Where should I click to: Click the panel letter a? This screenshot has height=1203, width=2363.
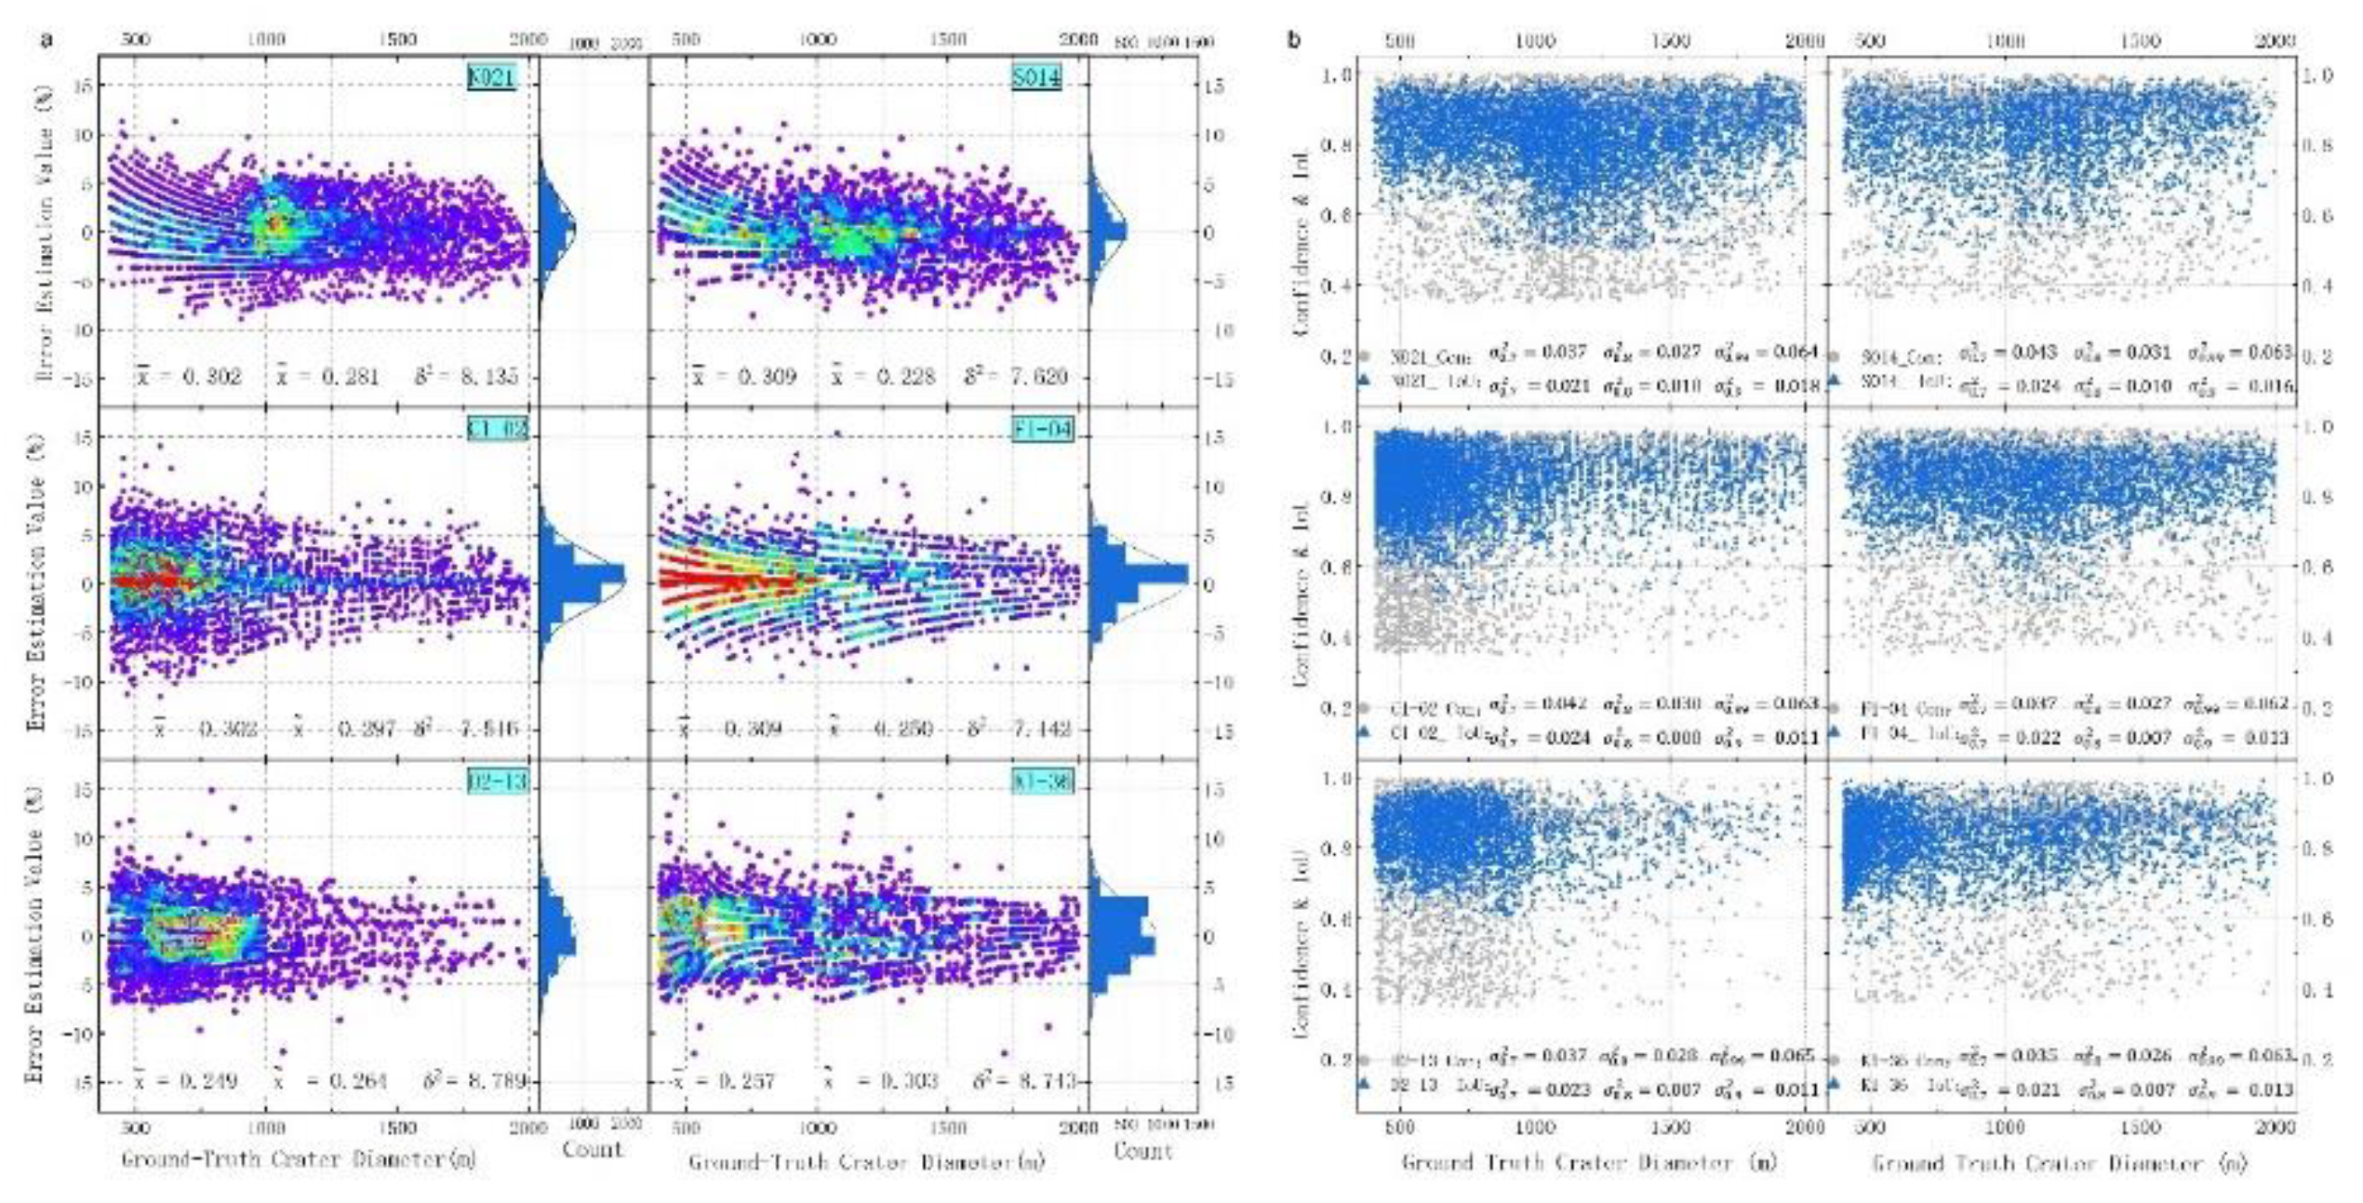coord(46,40)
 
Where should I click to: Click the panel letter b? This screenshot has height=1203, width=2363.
coord(1293,40)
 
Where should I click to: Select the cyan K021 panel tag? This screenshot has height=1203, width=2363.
coord(490,77)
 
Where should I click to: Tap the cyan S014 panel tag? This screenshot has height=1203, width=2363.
coord(1036,77)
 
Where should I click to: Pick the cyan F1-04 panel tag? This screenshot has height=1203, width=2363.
coord(1042,429)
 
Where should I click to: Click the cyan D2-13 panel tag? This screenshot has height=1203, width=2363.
coord(497,781)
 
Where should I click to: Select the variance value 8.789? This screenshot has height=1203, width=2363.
coord(498,1081)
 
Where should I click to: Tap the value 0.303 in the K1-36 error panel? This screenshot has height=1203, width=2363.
coord(908,1081)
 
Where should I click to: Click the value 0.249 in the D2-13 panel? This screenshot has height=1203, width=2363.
coord(207,1081)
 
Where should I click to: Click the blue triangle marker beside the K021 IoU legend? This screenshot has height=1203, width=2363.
coord(1364,380)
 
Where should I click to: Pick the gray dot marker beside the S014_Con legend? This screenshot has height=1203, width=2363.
coord(1834,355)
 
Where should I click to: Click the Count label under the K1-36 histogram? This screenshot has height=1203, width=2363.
coord(1142,1151)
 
